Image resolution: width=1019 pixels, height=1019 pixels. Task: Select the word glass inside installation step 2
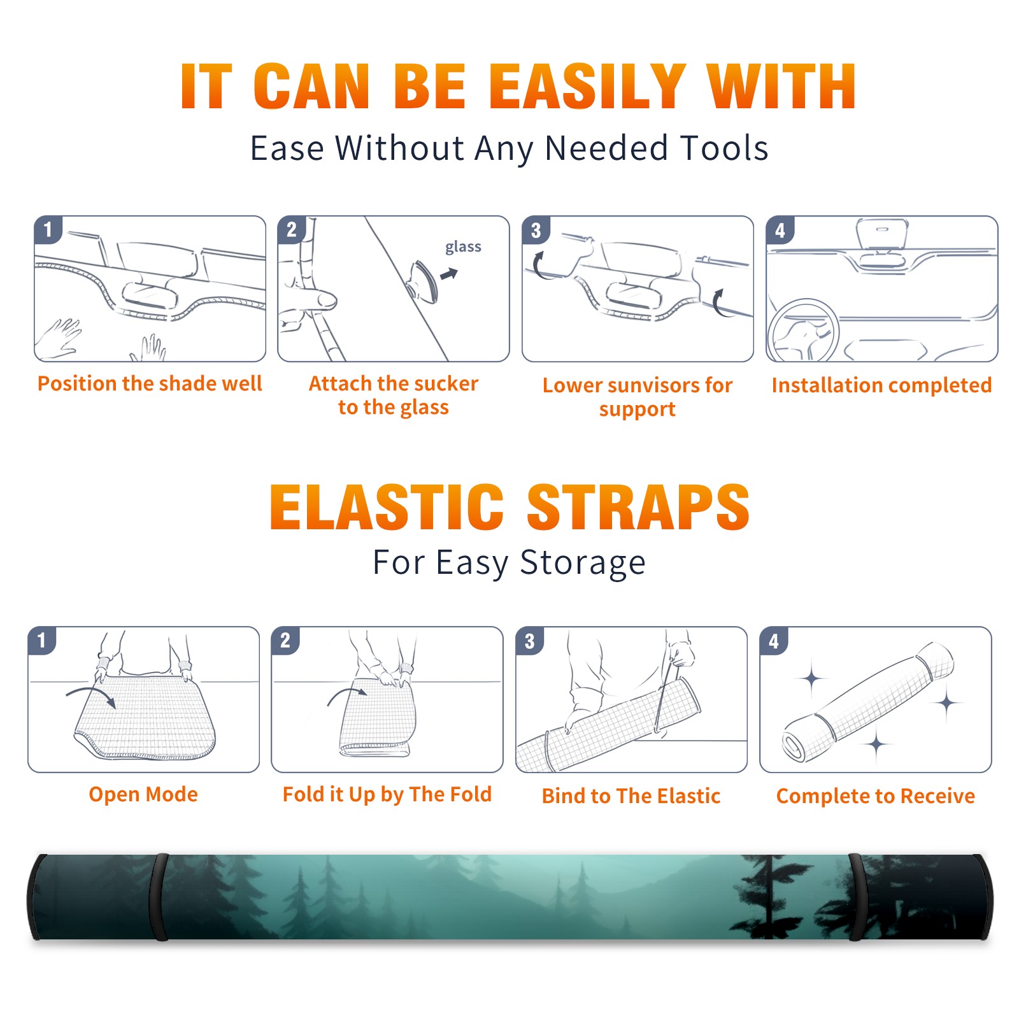[463, 247]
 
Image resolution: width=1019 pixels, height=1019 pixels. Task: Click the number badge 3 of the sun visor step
[536, 230]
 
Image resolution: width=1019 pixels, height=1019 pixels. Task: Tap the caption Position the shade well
[150, 383]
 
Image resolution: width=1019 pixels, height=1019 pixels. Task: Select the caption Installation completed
[881, 385]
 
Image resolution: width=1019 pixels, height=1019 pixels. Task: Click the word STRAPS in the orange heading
[638, 507]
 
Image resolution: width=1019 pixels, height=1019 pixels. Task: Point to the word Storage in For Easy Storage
[583, 563]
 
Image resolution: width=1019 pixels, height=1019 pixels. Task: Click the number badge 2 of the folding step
[285, 640]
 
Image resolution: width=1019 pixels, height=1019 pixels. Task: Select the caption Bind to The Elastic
[631, 795]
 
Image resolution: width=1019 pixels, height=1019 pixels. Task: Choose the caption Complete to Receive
[876, 796]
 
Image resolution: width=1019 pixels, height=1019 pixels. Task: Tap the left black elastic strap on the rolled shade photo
[159, 897]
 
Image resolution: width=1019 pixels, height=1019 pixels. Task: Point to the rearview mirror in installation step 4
[882, 234]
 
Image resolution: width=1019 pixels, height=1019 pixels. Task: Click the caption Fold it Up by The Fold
[387, 794]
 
